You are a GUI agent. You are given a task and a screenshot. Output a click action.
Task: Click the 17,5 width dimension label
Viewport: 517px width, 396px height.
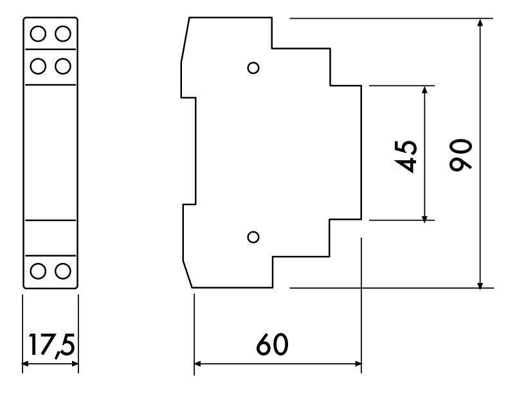[x=51, y=345]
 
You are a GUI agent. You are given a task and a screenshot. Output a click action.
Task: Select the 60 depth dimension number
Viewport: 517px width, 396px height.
[x=273, y=344]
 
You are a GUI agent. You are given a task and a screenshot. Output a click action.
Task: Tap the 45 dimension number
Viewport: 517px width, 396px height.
[x=406, y=157]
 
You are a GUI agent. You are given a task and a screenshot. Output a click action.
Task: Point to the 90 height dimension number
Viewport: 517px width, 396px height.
[x=460, y=155]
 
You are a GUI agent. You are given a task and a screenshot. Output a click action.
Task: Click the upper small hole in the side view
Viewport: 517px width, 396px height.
[x=253, y=68]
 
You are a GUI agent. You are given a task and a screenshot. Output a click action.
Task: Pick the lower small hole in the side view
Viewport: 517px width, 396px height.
[x=253, y=237]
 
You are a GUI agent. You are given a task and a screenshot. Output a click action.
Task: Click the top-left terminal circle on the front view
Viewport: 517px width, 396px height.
[x=38, y=33]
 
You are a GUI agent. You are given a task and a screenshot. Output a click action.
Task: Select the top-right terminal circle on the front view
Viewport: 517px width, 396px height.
[x=63, y=33]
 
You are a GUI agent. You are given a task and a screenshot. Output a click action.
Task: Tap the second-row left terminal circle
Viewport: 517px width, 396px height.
[x=38, y=66]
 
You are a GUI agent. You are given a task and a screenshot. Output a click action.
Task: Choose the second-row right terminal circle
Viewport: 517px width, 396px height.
[x=63, y=66]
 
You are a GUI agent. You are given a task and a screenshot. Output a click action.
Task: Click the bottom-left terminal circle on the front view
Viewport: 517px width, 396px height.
[x=38, y=271]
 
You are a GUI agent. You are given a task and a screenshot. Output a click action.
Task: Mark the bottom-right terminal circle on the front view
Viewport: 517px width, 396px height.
[x=63, y=271]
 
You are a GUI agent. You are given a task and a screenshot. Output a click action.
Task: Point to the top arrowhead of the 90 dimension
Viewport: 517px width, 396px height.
[x=480, y=22]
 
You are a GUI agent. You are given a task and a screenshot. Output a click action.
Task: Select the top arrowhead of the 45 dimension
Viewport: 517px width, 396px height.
[x=424, y=90]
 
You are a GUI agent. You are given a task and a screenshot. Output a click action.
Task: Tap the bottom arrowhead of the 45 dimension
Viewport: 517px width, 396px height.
[x=424, y=219]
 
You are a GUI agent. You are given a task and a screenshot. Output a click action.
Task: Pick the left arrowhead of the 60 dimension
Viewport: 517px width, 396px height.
[x=198, y=364]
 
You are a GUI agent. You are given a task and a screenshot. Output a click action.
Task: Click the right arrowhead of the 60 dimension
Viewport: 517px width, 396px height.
[x=358, y=364]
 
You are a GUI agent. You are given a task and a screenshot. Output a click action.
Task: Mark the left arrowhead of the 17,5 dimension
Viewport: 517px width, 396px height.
[x=26, y=364]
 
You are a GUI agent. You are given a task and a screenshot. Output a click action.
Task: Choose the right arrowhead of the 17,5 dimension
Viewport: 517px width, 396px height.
[x=75, y=364]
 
